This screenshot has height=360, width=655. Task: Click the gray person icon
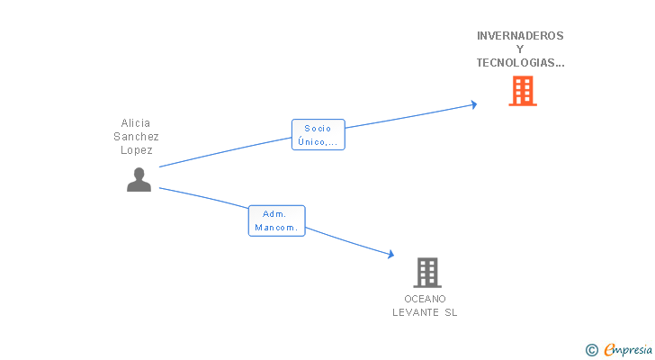139,180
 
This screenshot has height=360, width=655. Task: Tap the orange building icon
523,91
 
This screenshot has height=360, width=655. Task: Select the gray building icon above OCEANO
427,273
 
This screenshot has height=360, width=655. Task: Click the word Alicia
135,123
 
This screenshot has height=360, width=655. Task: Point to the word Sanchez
136,137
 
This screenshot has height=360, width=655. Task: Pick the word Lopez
136,150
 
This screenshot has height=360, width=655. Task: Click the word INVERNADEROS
520,36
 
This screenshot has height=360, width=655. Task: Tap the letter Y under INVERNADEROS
520,49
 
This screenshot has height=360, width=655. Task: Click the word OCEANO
425,299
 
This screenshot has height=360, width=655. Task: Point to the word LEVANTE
416,312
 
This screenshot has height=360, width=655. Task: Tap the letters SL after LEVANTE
451,312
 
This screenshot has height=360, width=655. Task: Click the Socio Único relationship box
319,134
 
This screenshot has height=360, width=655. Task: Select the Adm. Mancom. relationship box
276,220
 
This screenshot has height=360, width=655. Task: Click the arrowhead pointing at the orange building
473,104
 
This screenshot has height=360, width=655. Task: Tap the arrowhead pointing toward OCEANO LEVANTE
390,254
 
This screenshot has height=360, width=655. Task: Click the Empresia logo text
628,350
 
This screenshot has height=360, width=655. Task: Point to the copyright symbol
591,350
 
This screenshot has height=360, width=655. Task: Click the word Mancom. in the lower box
276,228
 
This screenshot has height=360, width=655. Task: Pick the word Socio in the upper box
318,128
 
